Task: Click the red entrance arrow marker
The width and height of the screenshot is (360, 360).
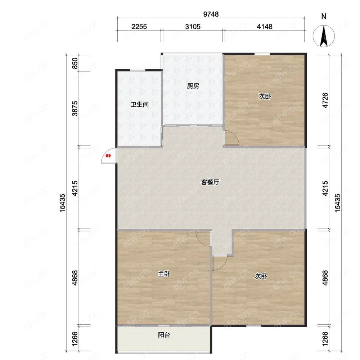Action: (x=108, y=156)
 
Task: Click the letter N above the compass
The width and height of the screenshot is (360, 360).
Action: (x=324, y=17)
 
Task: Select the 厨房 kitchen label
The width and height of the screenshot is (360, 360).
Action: (x=193, y=86)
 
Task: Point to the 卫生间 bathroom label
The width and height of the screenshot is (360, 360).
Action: (x=140, y=105)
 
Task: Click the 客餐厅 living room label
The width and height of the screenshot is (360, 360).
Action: (x=210, y=182)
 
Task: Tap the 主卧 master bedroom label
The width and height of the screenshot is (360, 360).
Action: (x=164, y=274)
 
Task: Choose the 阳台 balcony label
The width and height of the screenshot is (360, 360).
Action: (x=164, y=335)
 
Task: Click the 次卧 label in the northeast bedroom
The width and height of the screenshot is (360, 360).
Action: (x=265, y=96)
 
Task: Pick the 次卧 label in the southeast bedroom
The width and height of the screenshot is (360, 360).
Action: (x=261, y=276)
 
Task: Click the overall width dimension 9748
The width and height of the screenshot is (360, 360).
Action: (x=211, y=14)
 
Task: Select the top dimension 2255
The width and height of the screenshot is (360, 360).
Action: (x=139, y=27)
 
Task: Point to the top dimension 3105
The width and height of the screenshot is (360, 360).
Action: (x=193, y=27)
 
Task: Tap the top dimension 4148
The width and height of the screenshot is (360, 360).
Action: (x=265, y=27)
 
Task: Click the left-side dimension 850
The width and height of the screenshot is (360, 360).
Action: (x=75, y=63)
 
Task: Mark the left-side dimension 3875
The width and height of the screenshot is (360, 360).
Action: (x=75, y=108)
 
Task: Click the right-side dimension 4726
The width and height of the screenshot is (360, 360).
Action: (x=325, y=101)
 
